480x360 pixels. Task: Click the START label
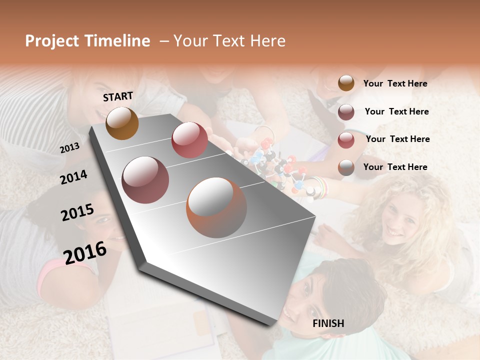(x=118, y=96)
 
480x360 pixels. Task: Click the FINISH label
(x=328, y=323)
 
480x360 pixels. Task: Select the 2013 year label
(x=69, y=147)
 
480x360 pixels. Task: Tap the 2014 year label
(x=73, y=177)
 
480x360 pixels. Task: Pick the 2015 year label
(x=77, y=212)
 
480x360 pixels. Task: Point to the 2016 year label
(x=85, y=252)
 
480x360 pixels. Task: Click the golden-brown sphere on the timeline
(x=122, y=123)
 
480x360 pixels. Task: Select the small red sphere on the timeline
(x=189, y=139)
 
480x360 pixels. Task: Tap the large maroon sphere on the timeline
(x=145, y=179)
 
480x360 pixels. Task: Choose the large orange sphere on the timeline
(x=216, y=207)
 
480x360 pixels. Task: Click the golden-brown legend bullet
(x=346, y=83)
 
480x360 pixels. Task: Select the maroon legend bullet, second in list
(x=346, y=112)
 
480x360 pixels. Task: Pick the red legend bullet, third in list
(x=346, y=140)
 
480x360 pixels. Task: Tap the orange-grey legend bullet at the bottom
(x=346, y=168)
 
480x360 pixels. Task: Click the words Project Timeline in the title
(x=87, y=41)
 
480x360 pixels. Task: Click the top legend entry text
(x=395, y=84)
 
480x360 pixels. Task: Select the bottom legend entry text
(x=395, y=167)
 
